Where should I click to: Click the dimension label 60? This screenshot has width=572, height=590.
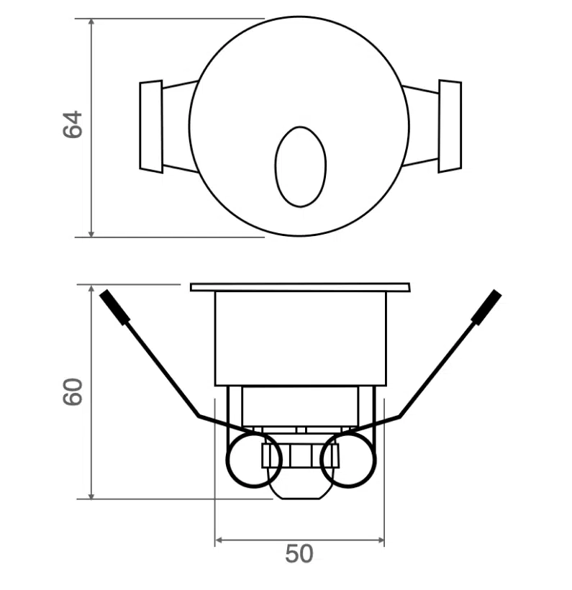(x=73, y=392)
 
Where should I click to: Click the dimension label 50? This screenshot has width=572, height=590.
(x=299, y=554)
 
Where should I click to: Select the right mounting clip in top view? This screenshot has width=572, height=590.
(x=449, y=126)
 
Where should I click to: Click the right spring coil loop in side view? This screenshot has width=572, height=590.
(x=348, y=460)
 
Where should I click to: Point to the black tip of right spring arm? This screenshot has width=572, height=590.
(x=486, y=305)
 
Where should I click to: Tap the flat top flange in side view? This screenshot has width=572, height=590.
(x=300, y=287)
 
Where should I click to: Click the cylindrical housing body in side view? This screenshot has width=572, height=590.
(x=300, y=338)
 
